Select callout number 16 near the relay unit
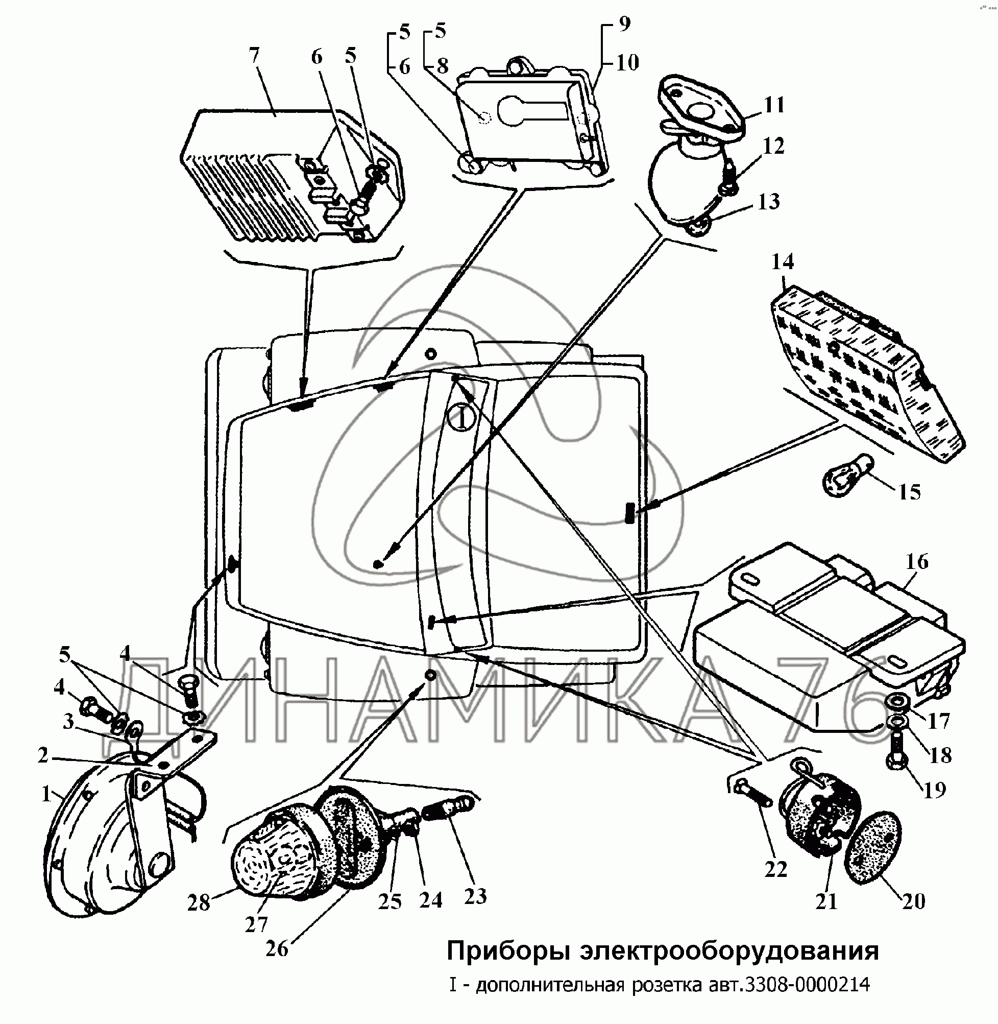tap(917, 562)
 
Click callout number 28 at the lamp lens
tap(199, 902)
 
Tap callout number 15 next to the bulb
tap(909, 493)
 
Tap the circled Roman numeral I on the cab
tap(461, 418)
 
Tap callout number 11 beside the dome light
tap(774, 105)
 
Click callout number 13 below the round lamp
tap(769, 202)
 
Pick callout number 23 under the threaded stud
tap(475, 896)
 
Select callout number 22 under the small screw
tap(776, 870)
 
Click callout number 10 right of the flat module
tap(627, 63)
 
